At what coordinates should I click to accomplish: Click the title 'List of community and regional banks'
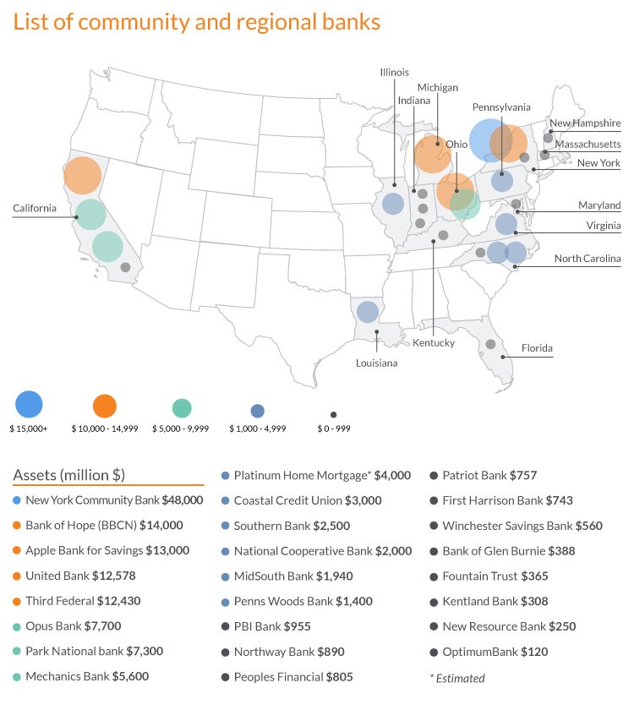pyautogui.click(x=196, y=22)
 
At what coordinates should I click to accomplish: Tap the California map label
pyautogui.click(x=35, y=208)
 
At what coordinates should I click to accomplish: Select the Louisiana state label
pyautogui.click(x=376, y=363)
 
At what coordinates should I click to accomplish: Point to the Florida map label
pyautogui.click(x=538, y=347)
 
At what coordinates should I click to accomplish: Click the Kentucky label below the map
pyautogui.click(x=434, y=343)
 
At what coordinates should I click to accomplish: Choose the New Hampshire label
pyautogui.click(x=585, y=123)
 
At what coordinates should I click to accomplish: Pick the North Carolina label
pyautogui.click(x=588, y=259)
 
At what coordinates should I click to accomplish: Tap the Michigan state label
pyautogui.click(x=437, y=88)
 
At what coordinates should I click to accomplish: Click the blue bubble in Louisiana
pyautogui.click(x=367, y=312)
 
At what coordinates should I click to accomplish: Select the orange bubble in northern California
pyautogui.click(x=82, y=176)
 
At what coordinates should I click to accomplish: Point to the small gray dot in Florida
pyautogui.click(x=490, y=344)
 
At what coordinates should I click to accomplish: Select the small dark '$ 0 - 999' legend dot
pyautogui.click(x=333, y=414)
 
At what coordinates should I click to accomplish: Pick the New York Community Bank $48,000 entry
pyautogui.click(x=114, y=500)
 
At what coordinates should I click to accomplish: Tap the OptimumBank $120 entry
pyautogui.click(x=484, y=652)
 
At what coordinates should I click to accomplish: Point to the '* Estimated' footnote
pyautogui.click(x=457, y=677)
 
